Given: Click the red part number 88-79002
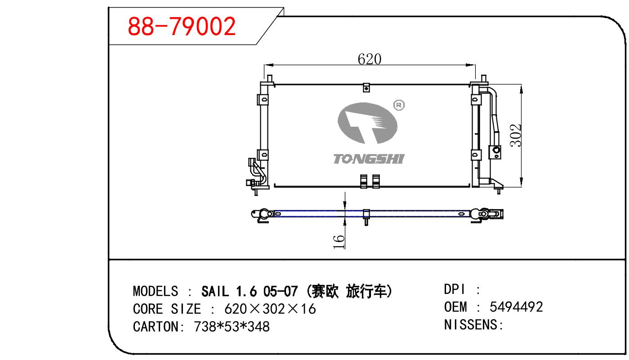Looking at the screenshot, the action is tap(182, 26).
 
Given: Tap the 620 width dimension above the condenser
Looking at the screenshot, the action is tap(370, 59).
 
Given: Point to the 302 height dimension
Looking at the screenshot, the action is tap(516, 135).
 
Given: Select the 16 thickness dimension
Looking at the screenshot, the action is tap(339, 242).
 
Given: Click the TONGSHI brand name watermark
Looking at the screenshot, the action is tap(369, 159).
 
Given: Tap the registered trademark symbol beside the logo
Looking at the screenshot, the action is tap(399, 105).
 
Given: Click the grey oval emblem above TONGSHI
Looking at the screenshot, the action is tap(367, 123).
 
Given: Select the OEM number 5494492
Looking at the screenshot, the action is tap(516, 307).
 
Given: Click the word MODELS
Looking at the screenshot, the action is tap(155, 291).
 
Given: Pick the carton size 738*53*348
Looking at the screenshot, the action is tap(232, 326).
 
